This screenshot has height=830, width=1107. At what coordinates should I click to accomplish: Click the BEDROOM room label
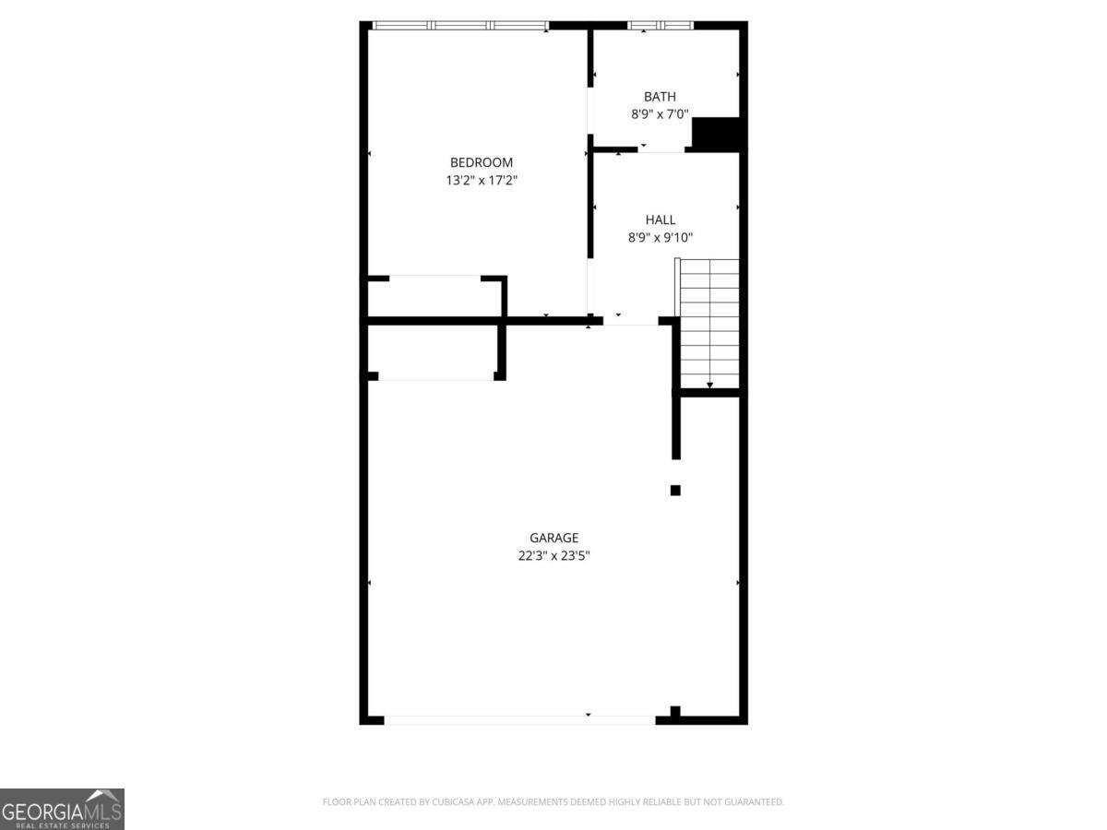(x=481, y=163)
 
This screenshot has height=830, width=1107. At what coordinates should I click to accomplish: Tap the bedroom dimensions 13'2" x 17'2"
(x=481, y=181)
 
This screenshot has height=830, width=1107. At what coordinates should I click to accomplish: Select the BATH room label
(x=660, y=96)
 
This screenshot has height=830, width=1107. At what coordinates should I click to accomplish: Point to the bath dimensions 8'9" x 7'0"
(x=660, y=114)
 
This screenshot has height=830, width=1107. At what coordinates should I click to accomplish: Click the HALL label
(x=661, y=219)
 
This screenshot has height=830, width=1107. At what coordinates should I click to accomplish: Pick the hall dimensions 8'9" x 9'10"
(x=661, y=237)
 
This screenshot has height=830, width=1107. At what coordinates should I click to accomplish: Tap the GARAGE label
(x=553, y=538)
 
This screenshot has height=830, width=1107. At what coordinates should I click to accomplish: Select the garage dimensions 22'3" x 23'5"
(x=553, y=555)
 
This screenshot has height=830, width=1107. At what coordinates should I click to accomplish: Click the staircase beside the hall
(x=709, y=323)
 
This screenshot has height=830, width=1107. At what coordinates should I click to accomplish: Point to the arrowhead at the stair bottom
(x=709, y=385)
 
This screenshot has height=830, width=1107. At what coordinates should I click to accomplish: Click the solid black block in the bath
(x=717, y=134)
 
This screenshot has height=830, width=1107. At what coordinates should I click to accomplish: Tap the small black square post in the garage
(x=675, y=491)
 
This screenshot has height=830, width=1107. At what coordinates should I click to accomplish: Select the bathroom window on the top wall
(x=660, y=25)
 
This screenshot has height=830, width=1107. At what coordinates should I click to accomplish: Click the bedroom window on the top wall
(x=460, y=25)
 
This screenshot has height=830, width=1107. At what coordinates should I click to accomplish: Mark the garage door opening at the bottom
(x=519, y=718)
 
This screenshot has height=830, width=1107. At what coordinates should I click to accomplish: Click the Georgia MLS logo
(x=62, y=809)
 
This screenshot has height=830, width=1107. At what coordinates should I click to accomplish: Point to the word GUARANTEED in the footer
(x=750, y=802)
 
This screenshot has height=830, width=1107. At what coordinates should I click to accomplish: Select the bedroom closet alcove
(x=434, y=296)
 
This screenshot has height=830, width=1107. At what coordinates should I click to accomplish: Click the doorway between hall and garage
(x=631, y=321)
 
